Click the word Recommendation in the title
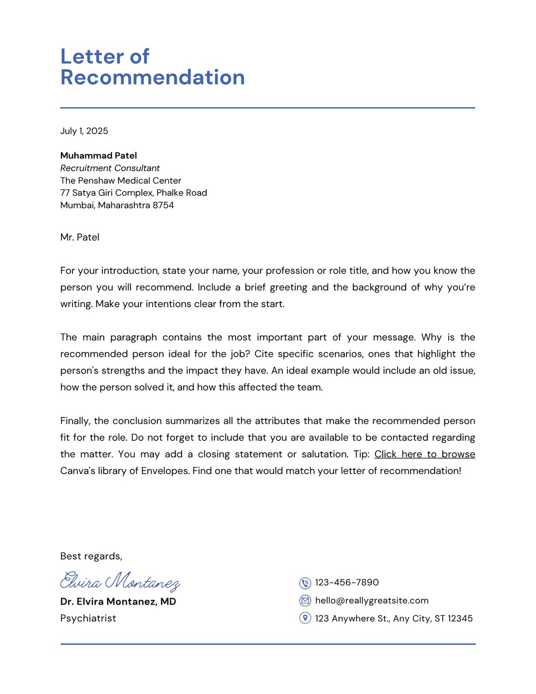[x=152, y=78]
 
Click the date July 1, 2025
[x=84, y=131]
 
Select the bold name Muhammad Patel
[x=98, y=156]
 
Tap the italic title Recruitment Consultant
[x=110, y=168]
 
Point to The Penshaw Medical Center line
[x=121, y=181]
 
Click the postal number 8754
[x=163, y=206]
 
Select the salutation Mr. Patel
[x=79, y=237]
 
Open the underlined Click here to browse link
[x=424, y=454]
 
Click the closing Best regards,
[x=91, y=556]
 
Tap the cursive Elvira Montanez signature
[x=120, y=581]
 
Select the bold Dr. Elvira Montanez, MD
[x=118, y=602]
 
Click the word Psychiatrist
[x=88, y=619]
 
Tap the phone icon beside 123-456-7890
[x=305, y=583]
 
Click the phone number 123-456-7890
[x=347, y=583]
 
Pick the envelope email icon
[x=305, y=601]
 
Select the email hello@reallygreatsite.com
[x=372, y=601]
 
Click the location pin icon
[x=305, y=618]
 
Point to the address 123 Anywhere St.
[x=352, y=619]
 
